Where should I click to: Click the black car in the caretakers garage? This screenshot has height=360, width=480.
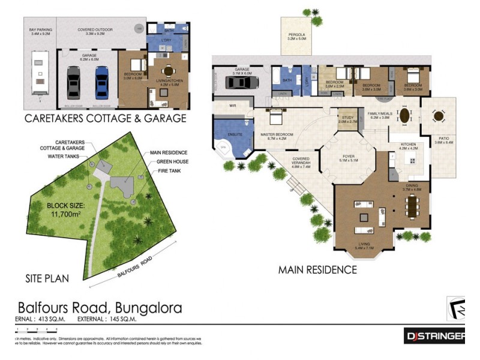click(x=73, y=82)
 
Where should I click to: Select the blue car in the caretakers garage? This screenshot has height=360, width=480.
click(x=101, y=82)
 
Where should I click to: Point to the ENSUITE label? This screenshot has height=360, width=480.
click(x=235, y=134)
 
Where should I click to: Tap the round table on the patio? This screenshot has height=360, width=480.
click(x=439, y=116)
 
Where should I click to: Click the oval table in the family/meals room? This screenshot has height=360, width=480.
click(x=406, y=114)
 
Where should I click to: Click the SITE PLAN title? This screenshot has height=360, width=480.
click(x=47, y=278)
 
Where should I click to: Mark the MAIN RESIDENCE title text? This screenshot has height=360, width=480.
click(x=317, y=270)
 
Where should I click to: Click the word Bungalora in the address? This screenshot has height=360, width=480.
click(x=144, y=308)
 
